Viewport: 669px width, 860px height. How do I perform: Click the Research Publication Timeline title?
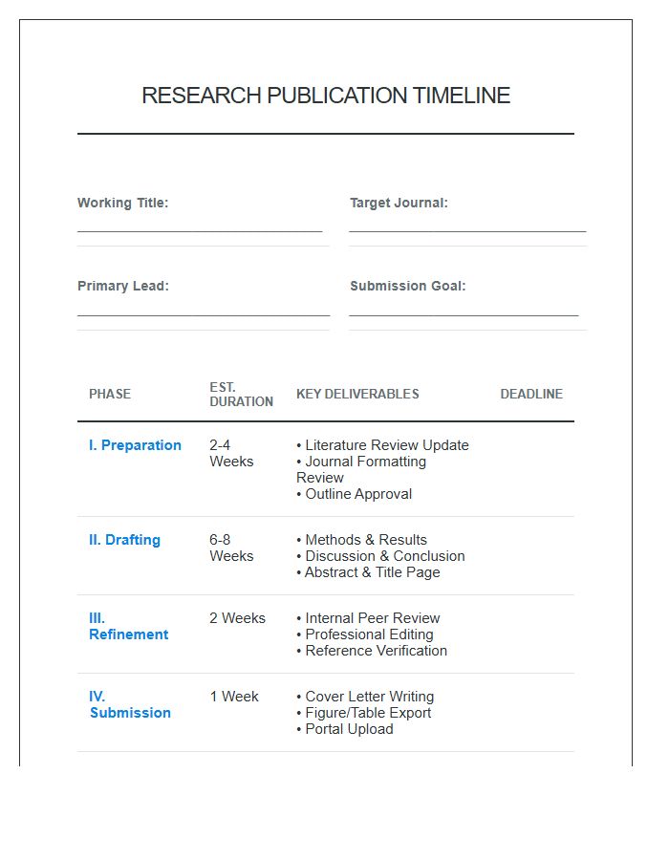[x=326, y=96]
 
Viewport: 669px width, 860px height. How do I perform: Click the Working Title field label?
[x=122, y=203]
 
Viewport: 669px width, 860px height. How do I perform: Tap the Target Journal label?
[x=399, y=203]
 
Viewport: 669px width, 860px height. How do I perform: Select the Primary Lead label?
[x=123, y=286]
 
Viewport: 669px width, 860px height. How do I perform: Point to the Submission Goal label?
[x=408, y=286]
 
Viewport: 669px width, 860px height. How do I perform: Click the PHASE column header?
[x=110, y=394]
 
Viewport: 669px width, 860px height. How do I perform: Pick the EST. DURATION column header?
[x=241, y=395]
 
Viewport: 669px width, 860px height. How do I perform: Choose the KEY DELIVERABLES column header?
[x=357, y=394]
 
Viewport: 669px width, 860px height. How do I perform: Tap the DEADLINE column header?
[x=531, y=394]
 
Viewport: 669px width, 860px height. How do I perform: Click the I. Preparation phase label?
[x=135, y=445]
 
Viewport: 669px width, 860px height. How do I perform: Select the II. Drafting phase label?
[x=124, y=540]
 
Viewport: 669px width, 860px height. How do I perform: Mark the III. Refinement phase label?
[x=128, y=626]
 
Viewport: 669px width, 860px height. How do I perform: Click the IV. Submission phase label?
[x=130, y=704]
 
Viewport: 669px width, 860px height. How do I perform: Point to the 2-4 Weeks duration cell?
[x=231, y=453]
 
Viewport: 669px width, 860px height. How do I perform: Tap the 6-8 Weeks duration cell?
[x=231, y=548]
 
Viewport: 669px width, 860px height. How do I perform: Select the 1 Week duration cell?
[x=234, y=697]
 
